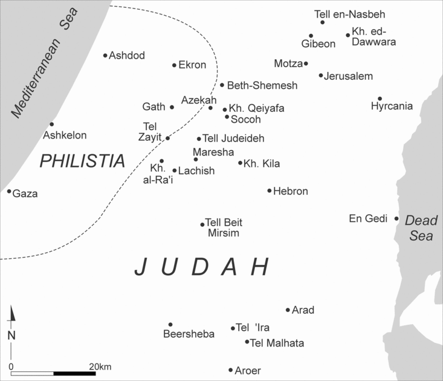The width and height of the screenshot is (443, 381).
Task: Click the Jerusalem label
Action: (348, 76)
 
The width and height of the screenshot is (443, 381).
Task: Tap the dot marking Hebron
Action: (270, 190)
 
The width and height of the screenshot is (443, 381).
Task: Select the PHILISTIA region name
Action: (82, 161)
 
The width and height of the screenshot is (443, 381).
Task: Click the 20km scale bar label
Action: (100, 366)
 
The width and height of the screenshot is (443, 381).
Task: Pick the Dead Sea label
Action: (421, 228)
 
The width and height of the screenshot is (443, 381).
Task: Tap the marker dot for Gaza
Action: (9, 191)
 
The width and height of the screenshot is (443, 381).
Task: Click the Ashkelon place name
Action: (65, 135)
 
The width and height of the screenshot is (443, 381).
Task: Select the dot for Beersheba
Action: (170, 324)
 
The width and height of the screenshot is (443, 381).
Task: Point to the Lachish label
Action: (196, 171)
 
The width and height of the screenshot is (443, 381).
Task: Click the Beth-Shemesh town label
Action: (262, 86)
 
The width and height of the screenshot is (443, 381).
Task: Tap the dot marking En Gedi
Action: (396, 218)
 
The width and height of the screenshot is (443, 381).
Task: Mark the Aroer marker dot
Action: (230, 370)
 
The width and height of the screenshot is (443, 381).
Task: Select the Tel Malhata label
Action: (277, 343)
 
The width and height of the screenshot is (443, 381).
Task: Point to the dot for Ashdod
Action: (105, 55)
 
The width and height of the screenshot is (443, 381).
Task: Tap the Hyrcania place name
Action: (392, 106)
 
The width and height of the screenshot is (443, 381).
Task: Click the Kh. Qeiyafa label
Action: (256, 108)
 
